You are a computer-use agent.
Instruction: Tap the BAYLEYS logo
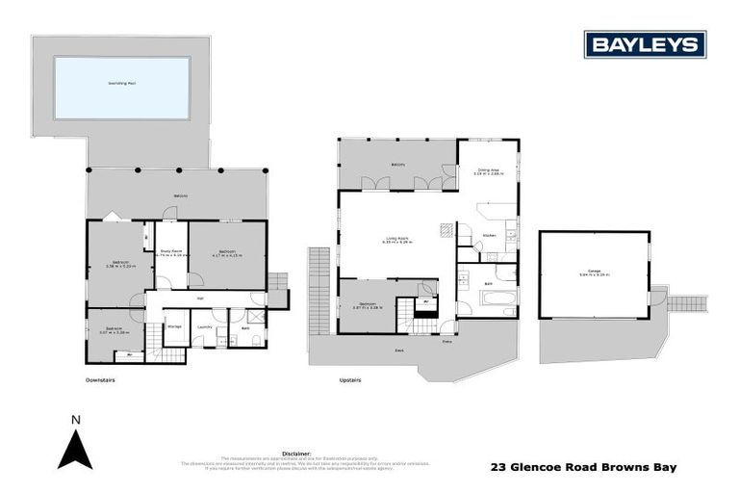coord(645,44)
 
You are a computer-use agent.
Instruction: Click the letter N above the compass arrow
coord(75,420)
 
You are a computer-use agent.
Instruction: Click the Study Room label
coord(170,253)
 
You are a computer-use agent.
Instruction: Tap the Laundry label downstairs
coord(204,327)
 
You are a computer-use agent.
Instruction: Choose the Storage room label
coord(174,327)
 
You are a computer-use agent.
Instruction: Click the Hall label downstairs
coord(200,298)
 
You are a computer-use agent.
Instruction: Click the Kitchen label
coord(488,234)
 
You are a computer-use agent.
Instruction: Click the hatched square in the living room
coord(446,230)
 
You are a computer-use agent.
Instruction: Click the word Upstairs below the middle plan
coord(350,379)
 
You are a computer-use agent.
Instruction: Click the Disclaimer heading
coord(296,451)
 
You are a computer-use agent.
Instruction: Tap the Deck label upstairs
coord(397,350)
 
